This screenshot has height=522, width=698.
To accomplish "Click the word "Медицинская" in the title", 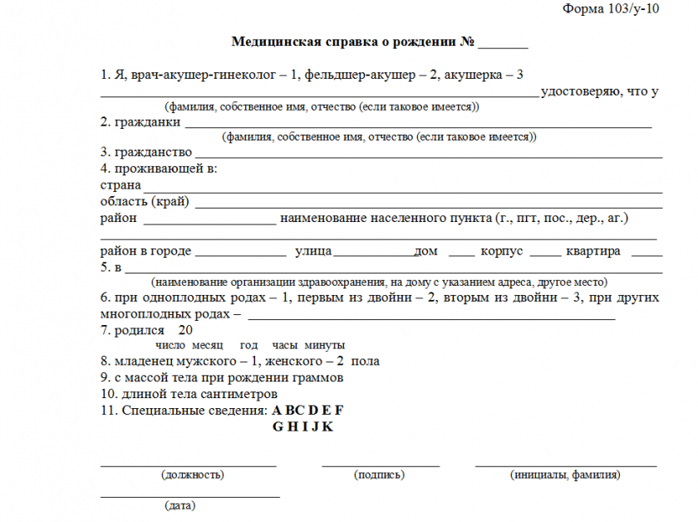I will (x=268, y=42).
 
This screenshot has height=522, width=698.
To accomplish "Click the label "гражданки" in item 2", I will (x=147, y=122).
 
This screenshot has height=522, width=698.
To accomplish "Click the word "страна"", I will (x=120, y=185).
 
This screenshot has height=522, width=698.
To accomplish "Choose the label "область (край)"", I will (x=145, y=201).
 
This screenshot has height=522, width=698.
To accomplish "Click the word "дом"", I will (x=425, y=251).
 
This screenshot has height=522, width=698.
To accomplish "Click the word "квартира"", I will (x=592, y=251).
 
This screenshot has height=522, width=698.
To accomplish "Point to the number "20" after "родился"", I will (x=185, y=329).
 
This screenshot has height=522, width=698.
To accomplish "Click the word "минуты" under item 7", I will (x=325, y=345).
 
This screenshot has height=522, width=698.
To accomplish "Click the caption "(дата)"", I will (x=180, y=505).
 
